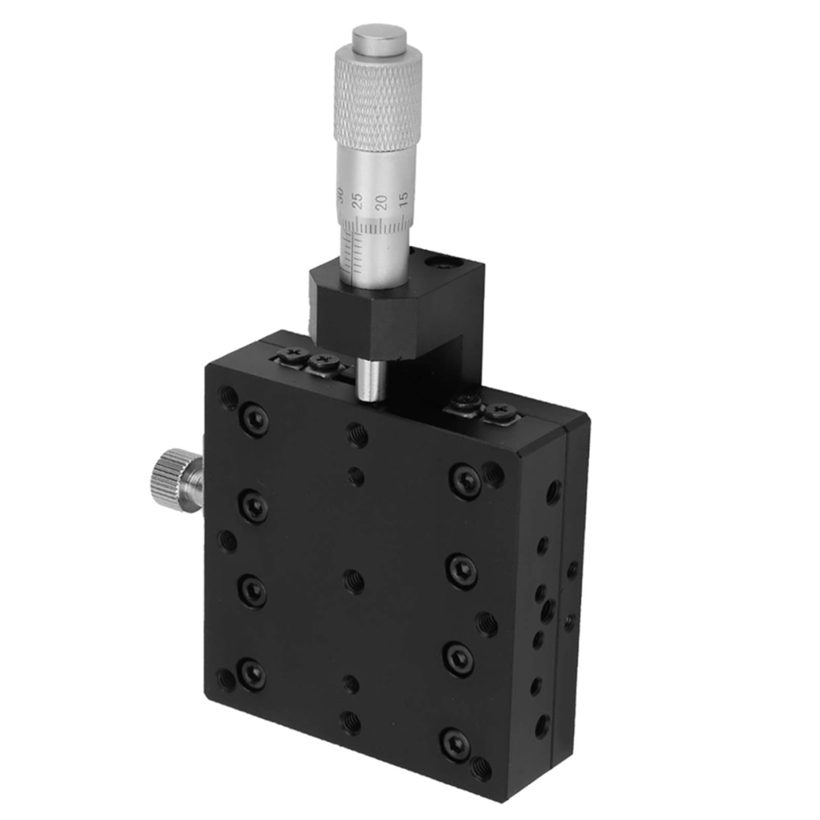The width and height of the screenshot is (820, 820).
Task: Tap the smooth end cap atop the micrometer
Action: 379,38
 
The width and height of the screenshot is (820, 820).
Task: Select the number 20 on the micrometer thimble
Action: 381,202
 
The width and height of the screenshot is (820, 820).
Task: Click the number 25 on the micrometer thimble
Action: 358,200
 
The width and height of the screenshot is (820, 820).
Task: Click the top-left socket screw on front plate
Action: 254,420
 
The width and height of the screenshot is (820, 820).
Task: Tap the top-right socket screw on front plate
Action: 465,481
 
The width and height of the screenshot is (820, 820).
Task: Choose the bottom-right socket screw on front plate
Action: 455,743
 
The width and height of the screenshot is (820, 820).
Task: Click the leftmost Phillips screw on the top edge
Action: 293,355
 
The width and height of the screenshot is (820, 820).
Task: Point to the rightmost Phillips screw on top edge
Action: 499,410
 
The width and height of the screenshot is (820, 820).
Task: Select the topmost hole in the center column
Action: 357,432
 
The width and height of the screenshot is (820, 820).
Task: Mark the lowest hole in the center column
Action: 351,722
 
